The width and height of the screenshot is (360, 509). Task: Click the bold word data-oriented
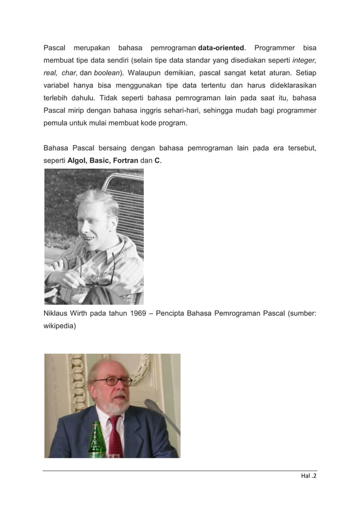pos(223,46)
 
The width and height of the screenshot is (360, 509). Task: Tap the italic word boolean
pos(106,73)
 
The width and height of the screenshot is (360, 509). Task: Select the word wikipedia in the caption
pos(59,327)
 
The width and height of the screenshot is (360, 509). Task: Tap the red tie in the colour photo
pos(114,437)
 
